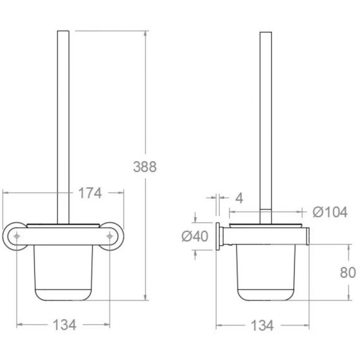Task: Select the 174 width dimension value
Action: pos(89,193)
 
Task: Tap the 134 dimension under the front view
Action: pos(64,325)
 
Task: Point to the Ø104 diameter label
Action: pos(330,212)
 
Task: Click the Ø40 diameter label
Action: pos(195,236)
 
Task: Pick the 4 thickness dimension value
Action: pos(239,199)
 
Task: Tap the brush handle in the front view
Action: pos(63,126)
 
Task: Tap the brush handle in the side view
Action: pos(265,126)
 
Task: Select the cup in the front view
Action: pos(63,273)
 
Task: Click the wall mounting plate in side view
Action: pos(217,236)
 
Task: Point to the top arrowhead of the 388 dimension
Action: pos(145,33)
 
